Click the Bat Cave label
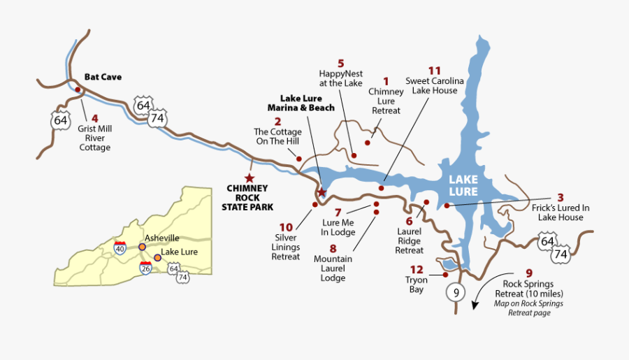pos(103,77)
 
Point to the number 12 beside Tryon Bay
pos(417,270)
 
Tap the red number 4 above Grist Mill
pos(94,117)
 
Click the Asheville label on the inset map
pos(161,238)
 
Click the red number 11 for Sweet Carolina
pos(435,71)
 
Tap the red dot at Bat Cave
pos(78,89)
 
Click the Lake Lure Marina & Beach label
pos(301,103)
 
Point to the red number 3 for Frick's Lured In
pos(560,197)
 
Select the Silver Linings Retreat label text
pos(286,247)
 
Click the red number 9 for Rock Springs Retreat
pos(529,273)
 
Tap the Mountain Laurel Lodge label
pos(333,268)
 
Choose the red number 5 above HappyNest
pos(340,64)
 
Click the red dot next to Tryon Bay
pos(445,275)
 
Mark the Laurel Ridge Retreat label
pos(410,240)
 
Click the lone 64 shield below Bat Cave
pos(61,120)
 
